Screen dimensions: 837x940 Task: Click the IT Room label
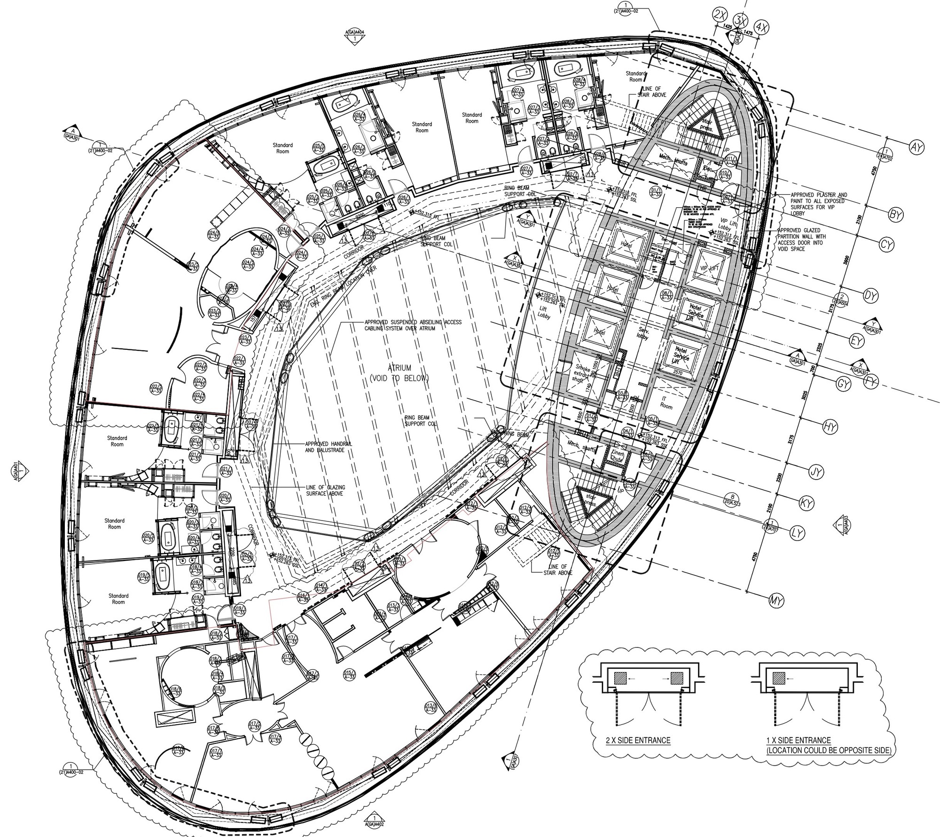666,403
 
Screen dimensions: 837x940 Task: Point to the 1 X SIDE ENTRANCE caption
828,744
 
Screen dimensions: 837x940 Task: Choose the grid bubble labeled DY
871,296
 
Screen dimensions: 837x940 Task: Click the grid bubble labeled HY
830,426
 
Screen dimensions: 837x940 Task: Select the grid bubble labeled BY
896,215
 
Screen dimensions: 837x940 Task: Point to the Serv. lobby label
643,334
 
